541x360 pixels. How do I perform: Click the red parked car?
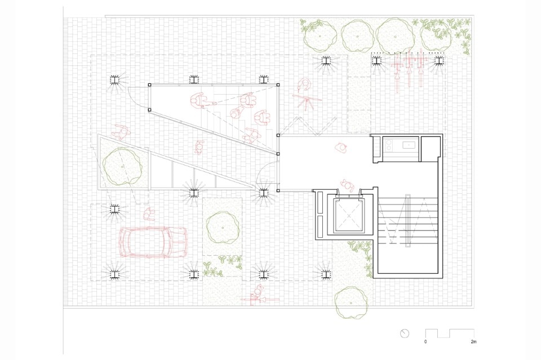coord(153,242)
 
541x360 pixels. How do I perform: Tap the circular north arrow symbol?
coord(405,334)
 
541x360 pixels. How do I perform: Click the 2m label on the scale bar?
coord(473,342)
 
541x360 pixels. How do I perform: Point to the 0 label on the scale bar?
coord(425,342)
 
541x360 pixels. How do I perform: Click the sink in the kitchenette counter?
coord(409,144)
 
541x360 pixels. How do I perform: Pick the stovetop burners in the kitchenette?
coord(389,144)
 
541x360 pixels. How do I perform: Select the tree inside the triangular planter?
coord(122,166)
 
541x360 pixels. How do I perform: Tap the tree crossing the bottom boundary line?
coord(351,303)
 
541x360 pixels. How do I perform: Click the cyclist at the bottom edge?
coord(257,295)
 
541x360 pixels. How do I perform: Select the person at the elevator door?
coord(347,186)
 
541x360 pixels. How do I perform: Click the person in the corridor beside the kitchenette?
coord(342,147)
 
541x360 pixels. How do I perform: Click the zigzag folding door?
coord(308,126)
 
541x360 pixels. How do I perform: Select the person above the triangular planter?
coord(120,132)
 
